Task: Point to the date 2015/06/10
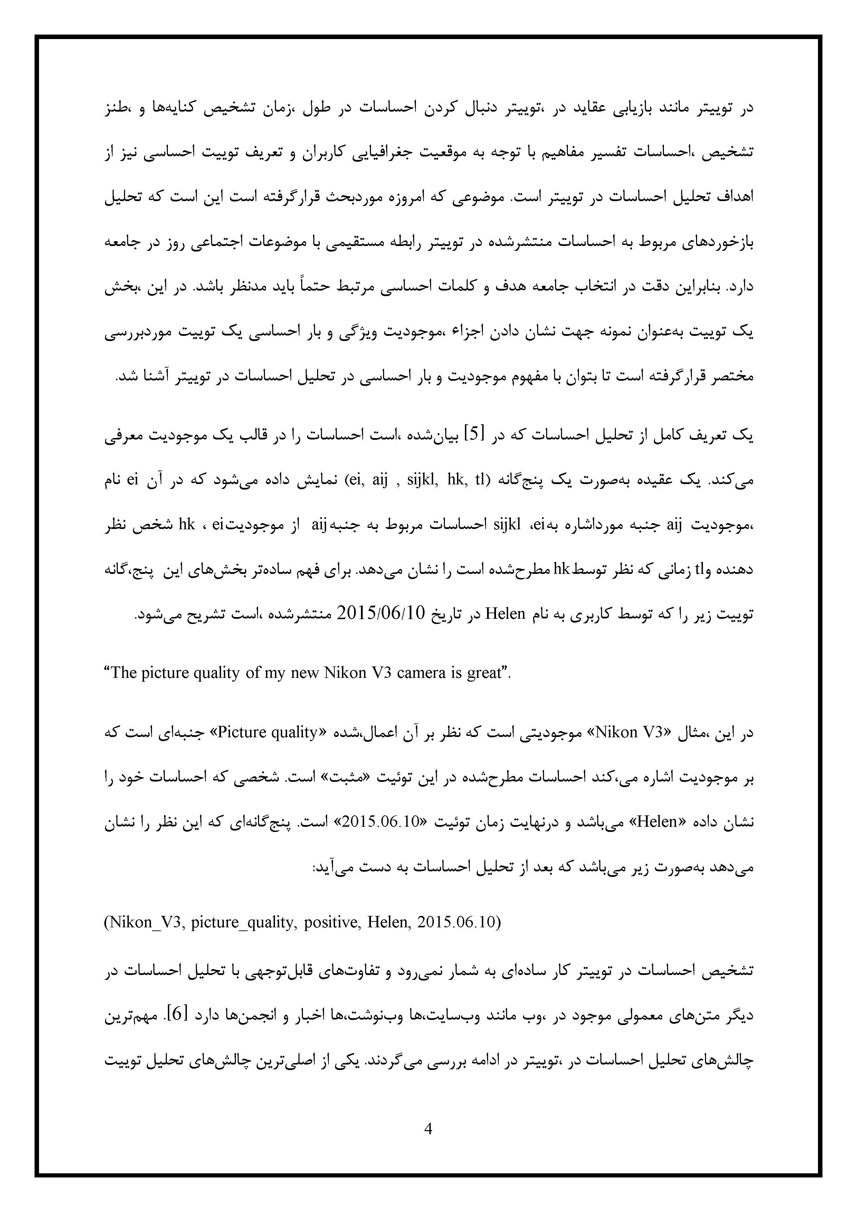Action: click(380, 613)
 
